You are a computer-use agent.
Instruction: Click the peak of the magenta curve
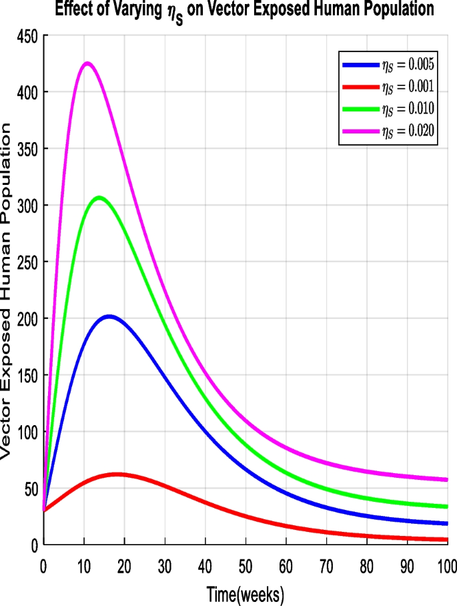click(x=87, y=63)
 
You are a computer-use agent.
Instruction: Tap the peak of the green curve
click(x=99, y=197)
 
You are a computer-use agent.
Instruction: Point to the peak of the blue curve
click(x=109, y=316)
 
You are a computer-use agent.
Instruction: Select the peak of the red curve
click(x=117, y=474)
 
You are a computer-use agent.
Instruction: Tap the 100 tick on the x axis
click(x=446, y=566)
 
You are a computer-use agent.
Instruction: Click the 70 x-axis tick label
click(x=326, y=566)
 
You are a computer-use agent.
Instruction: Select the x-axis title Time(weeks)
click(x=246, y=593)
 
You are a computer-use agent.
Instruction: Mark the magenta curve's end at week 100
click(x=446, y=479)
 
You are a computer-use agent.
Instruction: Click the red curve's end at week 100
click(x=446, y=539)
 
